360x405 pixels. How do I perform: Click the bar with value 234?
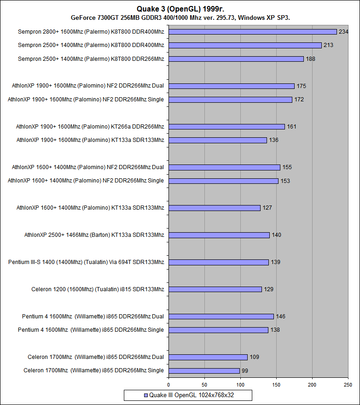(253, 32)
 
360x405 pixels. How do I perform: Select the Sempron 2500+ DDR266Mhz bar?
(236, 59)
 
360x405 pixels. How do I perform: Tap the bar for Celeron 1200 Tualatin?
(215, 289)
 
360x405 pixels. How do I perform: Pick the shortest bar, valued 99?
(204, 370)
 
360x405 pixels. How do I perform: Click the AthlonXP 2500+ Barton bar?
(219, 235)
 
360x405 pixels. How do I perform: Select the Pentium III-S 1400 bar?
(219, 262)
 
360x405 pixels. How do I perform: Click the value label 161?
(292, 126)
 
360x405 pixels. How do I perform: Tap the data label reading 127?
(267, 208)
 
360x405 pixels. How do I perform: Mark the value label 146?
(281, 317)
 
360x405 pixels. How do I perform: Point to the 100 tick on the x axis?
(240, 384)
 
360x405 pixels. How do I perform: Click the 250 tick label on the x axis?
(348, 384)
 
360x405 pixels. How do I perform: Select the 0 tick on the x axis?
(168, 384)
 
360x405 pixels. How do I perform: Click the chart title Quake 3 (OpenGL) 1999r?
(180, 8)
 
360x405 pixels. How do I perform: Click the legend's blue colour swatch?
(146, 395)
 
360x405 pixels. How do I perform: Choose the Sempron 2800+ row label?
(91, 32)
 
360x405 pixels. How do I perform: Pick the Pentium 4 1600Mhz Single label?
(91, 330)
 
